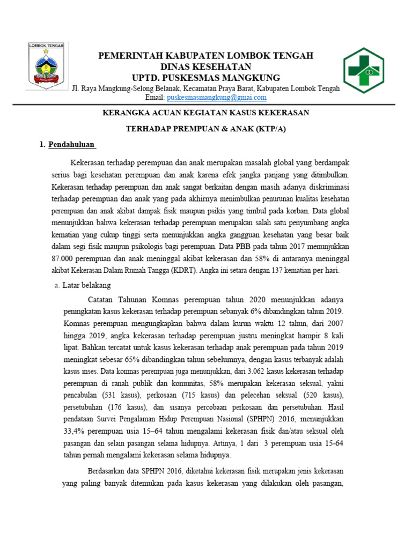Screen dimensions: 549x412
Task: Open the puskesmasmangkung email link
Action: pyautogui.click(x=217, y=98)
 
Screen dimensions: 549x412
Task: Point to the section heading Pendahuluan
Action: pyautogui.click(x=71, y=144)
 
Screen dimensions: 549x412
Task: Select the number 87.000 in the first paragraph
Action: pyautogui.click(x=64, y=259)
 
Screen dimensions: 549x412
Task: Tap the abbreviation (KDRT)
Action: pyautogui.click(x=184, y=271)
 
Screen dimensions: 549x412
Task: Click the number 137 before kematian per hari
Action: pyautogui.click(x=280, y=271)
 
